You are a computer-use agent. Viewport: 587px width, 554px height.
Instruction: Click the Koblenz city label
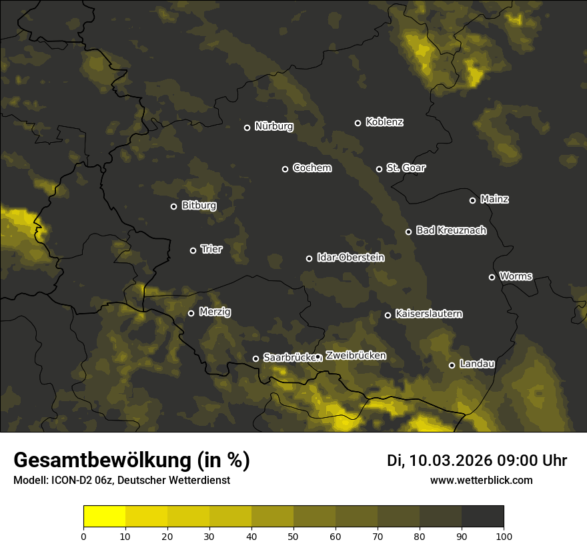click(384, 122)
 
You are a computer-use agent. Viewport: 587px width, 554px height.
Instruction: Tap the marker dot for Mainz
click(472, 200)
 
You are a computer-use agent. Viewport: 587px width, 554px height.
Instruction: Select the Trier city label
click(211, 249)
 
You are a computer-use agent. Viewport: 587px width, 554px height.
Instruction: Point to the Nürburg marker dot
click(247, 127)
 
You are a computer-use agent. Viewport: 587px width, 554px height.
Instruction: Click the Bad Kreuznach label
click(451, 230)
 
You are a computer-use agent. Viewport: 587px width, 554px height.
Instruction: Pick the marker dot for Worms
click(492, 277)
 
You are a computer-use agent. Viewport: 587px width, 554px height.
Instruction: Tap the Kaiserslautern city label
click(428, 314)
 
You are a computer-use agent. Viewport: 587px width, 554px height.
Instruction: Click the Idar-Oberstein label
click(350, 257)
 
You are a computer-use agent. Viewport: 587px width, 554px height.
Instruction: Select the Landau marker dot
click(452, 365)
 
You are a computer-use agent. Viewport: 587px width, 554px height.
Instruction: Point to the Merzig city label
click(214, 312)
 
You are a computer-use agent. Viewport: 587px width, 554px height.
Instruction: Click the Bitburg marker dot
click(173, 206)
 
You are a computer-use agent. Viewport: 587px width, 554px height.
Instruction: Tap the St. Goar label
click(406, 168)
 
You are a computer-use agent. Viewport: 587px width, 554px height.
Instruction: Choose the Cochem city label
click(312, 168)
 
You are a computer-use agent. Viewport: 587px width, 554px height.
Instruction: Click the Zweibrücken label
click(356, 355)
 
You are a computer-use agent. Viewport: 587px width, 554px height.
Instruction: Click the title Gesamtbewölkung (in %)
click(131, 461)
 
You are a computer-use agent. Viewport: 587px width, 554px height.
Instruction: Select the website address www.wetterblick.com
click(481, 480)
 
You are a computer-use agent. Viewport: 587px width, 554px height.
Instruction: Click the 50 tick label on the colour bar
click(293, 536)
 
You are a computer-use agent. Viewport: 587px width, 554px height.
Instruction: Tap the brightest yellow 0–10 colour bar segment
click(105, 516)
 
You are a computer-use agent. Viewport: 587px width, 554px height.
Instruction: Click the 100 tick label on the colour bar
click(503, 536)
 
